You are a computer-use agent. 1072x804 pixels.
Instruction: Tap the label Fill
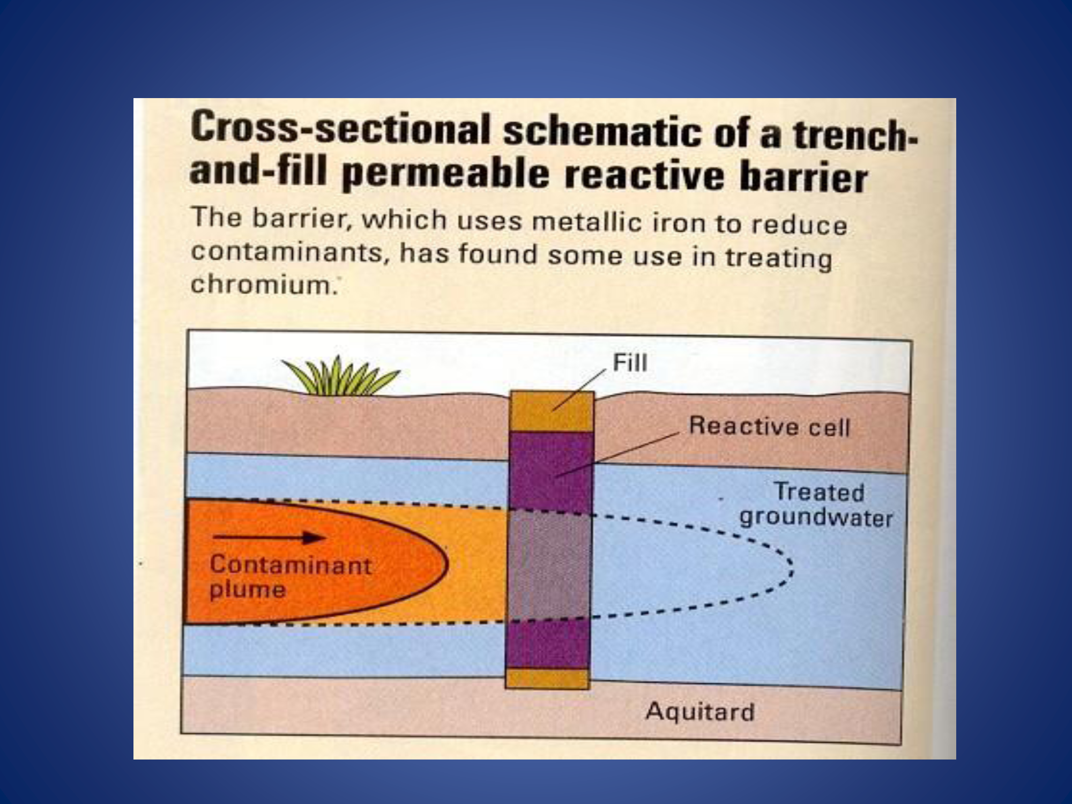pyautogui.click(x=630, y=363)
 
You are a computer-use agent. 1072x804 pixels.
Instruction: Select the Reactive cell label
pyautogui.click(x=770, y=427)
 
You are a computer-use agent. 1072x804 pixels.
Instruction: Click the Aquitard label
pyautogui.click(x=700, y=712)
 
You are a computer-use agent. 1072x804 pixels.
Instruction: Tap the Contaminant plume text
pyautogui.click(x=290, y=577)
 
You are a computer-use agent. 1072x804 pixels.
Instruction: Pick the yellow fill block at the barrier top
pyautogui.click(x=552, y=411)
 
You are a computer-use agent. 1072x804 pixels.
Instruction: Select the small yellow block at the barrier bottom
pyautogui.click(x=547, y=678)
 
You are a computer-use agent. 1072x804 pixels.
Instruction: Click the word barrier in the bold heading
pyautogui.click(x=803, y=176)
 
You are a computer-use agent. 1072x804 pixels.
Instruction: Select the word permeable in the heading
pyautogui.click(x=445, y=174)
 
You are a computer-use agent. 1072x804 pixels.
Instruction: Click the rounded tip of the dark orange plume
pyautogui.click(x=446, y=564)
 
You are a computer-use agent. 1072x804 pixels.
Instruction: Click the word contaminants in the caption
pyautogui.click(x=289, y=251)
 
